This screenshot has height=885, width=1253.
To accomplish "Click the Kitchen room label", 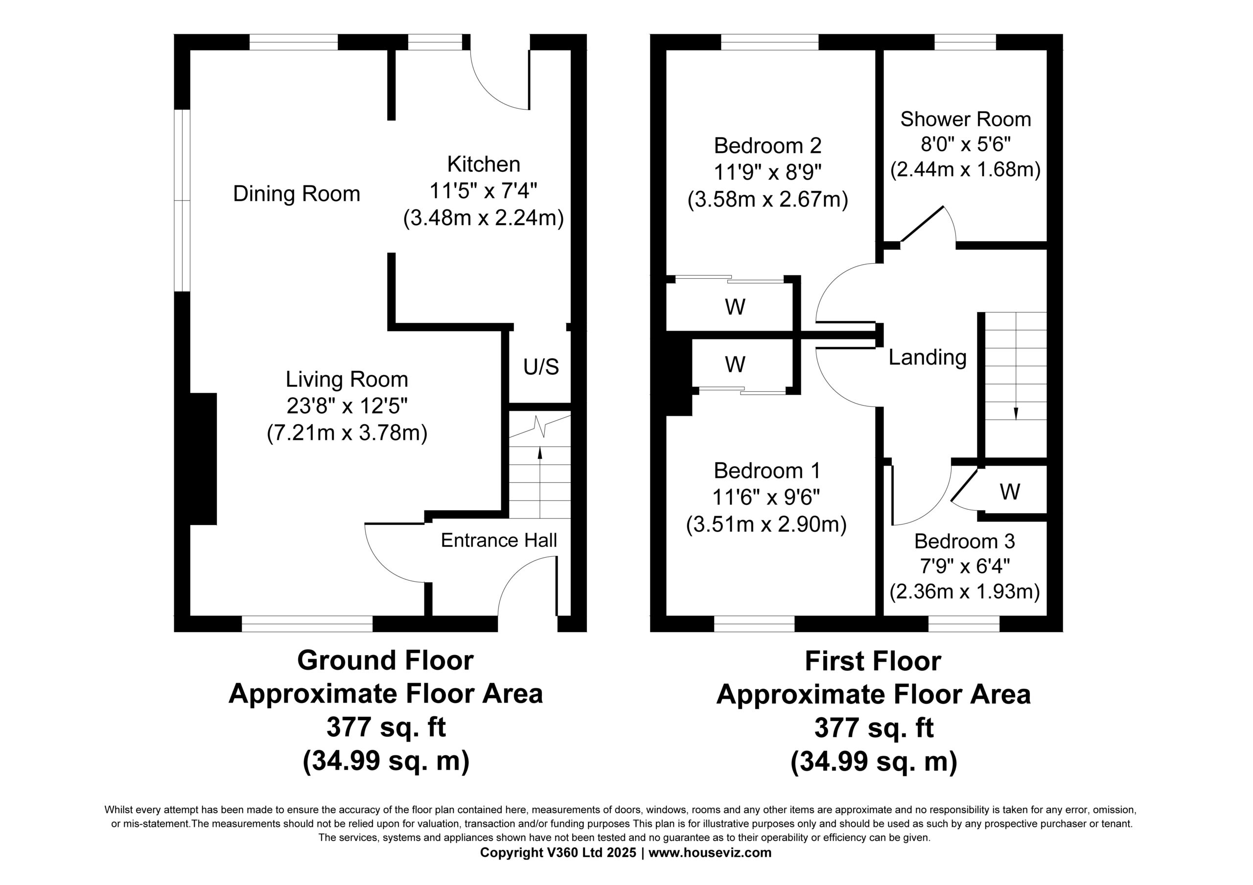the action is point(484,164).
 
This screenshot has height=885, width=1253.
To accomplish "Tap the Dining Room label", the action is point(296,194).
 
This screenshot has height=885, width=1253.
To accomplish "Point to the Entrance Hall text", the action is point(499,540).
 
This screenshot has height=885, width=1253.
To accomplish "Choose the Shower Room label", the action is point(965,119).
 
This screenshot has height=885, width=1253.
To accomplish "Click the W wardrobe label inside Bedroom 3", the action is point(1010,492).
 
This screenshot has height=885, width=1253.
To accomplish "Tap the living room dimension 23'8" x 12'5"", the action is point(347,406).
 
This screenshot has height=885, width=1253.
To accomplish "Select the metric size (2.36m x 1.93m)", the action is point(964,592).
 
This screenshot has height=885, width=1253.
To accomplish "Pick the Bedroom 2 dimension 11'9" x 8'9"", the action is point(767,172).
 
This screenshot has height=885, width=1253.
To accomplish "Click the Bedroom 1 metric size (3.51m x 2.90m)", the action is point(766,524).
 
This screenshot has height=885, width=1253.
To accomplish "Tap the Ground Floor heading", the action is point(385,661).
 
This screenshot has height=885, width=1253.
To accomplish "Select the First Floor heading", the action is point(873,661).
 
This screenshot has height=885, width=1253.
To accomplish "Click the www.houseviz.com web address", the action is point(710,853).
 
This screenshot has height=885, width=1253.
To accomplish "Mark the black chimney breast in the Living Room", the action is point(203,459).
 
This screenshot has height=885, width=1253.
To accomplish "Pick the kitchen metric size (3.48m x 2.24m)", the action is point(484,218).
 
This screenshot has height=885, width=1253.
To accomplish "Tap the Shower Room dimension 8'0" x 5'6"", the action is point(965,145).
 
